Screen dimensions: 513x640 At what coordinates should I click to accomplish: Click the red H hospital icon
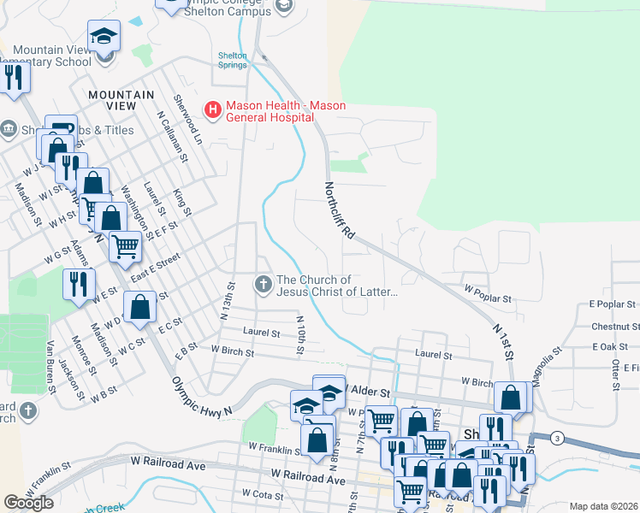point(210,109)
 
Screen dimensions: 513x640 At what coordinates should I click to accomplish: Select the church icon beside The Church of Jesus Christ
point(264,283)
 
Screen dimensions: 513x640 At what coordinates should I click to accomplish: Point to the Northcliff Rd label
point(338,209)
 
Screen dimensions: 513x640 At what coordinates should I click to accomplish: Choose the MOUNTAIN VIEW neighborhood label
point(121,100)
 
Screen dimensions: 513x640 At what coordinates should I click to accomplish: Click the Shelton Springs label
point(232,61)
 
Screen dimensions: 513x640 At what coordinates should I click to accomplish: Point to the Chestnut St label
point(615,327)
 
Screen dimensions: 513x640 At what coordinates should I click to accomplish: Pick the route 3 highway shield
point(557,438)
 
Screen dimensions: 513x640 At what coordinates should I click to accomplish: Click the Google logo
point(28,503)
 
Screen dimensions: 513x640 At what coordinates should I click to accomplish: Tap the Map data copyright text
point(603,506)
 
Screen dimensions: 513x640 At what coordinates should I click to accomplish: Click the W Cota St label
point(264,493)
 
